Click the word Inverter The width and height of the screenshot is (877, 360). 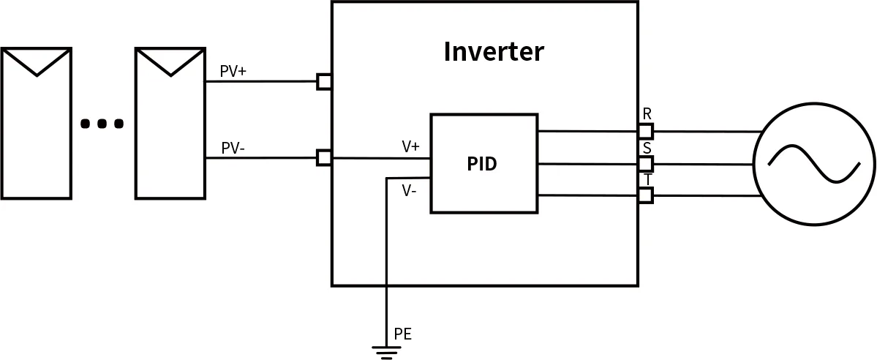pyautogui.click(x=494, y=52)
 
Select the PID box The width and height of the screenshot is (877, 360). pyautogui.click(x=483, y=164)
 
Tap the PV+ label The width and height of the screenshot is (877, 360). pyautogui.click(x=233, y=72)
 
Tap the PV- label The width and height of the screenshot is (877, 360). pyautogui.click(x=233, y=149)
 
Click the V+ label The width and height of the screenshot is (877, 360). pyautogui.click(x=411, y=146)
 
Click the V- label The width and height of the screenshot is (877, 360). pyautogui.click(x=410, y=190)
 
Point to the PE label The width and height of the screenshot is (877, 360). pyautogui.click(x=402, y=334)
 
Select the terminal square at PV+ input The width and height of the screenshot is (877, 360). pyautogui.click(x=324, y=81)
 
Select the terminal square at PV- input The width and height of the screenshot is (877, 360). pyautogui.click(x=324, y=157)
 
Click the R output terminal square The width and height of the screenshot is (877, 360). pyautogui.click(x=645, y=131)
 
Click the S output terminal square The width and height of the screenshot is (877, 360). pyautogui.click(x=645, y=163)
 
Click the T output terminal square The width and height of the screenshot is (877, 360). pyautogui.click(x=645, y=195)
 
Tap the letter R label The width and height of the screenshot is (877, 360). pyautogui.click(x=647, y=114)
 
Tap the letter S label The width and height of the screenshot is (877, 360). pyautogui.click(x=647, y=148)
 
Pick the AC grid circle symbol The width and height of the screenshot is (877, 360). pyautogui.click(x=814, y=163)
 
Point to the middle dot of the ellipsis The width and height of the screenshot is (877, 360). pyautogui.click(x=102, y=124)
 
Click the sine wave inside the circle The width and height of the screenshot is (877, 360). pyautogui.click(x=814, y=163)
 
